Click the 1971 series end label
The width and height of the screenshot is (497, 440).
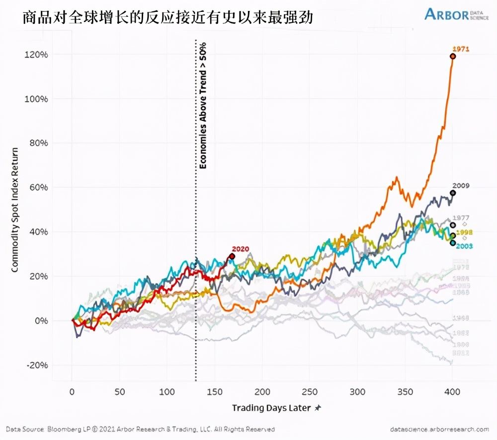(461, 49)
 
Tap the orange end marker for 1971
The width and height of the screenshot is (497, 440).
(453, 56)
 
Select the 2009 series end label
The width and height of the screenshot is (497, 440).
(461, 186)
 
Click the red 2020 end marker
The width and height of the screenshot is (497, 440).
(232, 256)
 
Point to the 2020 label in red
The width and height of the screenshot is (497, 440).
(240, 249)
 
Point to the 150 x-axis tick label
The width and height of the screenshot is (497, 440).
(214, 391)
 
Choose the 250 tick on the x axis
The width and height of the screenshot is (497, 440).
(310, 391)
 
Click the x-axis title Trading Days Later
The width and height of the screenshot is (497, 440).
(271, 408)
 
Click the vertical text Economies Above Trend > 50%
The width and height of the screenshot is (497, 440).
(203, 105)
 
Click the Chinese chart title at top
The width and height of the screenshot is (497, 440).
(167, 18)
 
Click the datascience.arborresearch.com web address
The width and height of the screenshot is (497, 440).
(439, 429)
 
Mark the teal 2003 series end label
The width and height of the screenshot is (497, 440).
(464, 246)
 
